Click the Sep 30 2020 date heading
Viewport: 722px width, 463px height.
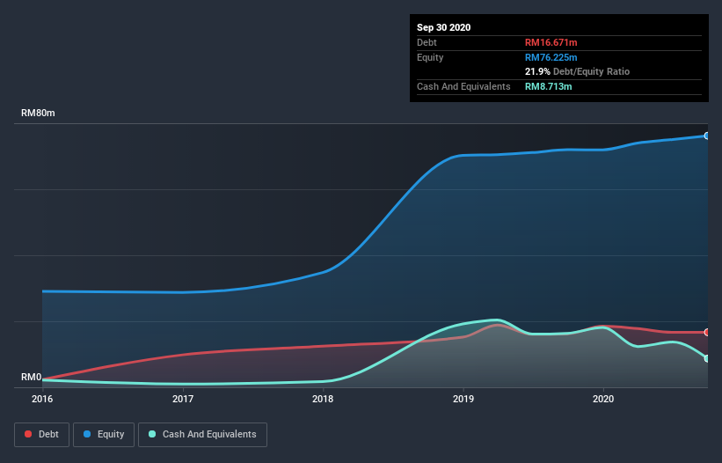pos(443,27)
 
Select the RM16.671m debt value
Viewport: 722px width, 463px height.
pos(551,42)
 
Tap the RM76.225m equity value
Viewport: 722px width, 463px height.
pos(551,57)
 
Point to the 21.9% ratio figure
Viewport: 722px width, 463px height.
pos(537,71)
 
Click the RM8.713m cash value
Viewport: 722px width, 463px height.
pos(548,86)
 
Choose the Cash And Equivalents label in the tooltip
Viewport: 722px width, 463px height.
pos(463,86)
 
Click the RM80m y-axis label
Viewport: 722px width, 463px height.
pos(38,113)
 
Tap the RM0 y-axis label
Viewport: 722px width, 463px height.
pos(32,377)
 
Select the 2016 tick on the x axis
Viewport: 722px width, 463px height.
pos(42,399)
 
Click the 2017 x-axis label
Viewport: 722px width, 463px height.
pos(183,399)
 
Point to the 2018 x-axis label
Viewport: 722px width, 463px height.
pos(323,399)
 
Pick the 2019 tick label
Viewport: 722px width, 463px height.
pos(463,399)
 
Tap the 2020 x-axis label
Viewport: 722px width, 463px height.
pos(603,399)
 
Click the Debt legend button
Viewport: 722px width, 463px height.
pos(41,435)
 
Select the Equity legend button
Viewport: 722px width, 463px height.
pos(104,435)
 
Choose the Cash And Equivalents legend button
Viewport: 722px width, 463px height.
pos(202,435)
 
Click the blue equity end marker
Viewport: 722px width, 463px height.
pos(707,136)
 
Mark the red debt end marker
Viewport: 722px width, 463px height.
pos(707,332)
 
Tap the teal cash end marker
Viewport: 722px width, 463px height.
pos(707,358)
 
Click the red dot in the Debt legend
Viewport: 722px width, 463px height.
pos(28,434)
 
